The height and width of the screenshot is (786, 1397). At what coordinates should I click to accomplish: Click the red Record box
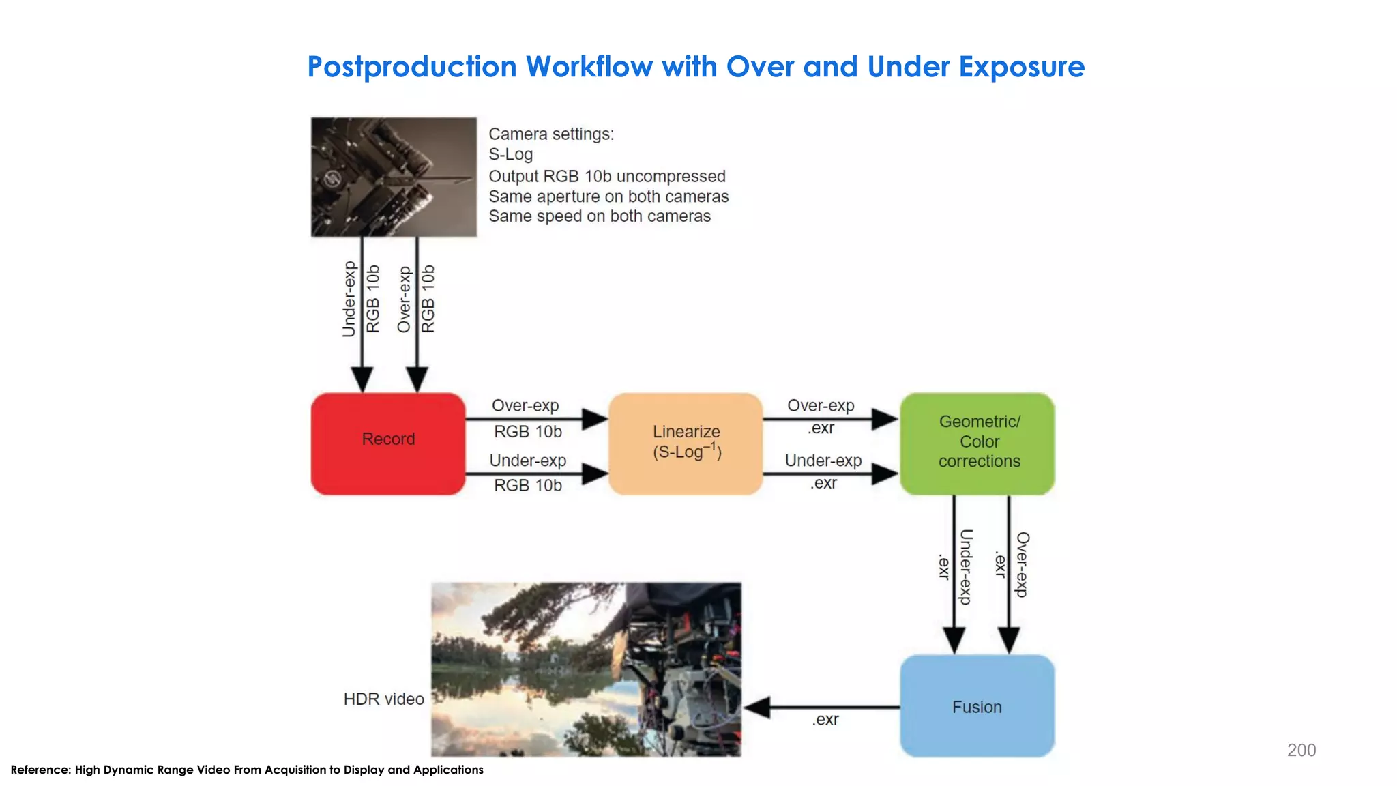(x=387, y=443)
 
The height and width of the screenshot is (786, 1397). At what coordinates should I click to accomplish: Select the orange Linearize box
(x=686, y=443)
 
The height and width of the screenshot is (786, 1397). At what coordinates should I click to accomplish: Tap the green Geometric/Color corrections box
(x=977, y=443)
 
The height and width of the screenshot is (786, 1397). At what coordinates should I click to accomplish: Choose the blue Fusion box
(x=977, y=706)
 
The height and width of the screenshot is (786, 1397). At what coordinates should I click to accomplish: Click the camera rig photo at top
(x=394, y=177)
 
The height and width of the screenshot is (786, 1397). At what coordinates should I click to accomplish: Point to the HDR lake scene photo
(x=585, y=669)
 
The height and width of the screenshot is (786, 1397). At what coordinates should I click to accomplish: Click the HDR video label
(x=383, y=699)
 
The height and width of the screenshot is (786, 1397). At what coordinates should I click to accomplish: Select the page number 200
(x=1301, y=750)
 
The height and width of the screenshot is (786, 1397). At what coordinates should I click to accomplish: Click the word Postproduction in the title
(x=412, y=67)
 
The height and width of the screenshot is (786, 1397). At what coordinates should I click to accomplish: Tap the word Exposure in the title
(x=1021, y=67)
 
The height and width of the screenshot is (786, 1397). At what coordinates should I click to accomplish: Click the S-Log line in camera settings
(x=510, y=154)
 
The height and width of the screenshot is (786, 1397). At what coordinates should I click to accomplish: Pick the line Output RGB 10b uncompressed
(x=606, y=176)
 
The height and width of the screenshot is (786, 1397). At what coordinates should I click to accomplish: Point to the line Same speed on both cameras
(x=599, y=216)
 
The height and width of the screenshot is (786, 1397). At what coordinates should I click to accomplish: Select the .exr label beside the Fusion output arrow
(x=825, y=720)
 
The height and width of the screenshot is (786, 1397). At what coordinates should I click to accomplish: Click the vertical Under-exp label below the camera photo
(x=349, y=299)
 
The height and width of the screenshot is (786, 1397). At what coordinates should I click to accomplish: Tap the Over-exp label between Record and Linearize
(x=525, y=405)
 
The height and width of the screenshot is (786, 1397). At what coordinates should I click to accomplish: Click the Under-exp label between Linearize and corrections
(x=823, y=461)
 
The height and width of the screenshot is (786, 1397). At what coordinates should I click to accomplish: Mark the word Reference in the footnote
(x=40, y=770)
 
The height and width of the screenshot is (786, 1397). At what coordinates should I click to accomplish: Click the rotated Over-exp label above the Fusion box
(x=1022, y=565)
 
